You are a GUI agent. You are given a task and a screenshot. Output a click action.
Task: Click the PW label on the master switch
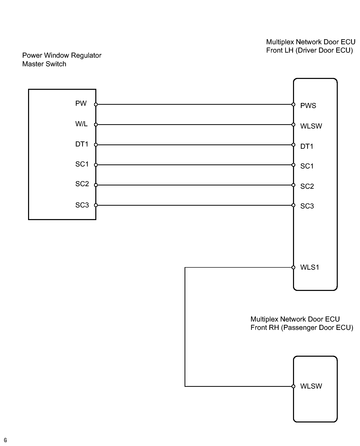[x=81, y=103]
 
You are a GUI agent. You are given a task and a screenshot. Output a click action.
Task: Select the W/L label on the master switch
[x=81, y=124]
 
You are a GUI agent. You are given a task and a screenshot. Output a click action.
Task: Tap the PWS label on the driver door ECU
[x=308, y=106]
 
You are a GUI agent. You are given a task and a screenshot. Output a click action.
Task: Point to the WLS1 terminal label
[x=310, y=267]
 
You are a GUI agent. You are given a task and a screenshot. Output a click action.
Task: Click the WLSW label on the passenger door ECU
[x=311, y=386]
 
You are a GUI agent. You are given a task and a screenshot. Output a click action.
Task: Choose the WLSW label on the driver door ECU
[x=311, y=126]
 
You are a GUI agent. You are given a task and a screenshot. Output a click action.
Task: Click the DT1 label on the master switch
[x=82, y=144]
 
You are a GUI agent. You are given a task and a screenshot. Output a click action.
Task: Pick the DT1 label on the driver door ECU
[x=307, y=146]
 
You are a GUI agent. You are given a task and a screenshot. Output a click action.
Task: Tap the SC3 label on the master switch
[x=82, y=205]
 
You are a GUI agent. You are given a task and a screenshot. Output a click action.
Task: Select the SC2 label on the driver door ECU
[x=307, y=186]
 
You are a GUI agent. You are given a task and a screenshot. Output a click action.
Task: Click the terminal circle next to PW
[x=96, y=104]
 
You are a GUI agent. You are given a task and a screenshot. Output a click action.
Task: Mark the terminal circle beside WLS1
[x=293, y=267]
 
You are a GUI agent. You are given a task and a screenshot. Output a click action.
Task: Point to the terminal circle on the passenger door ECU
[x=293, y=386]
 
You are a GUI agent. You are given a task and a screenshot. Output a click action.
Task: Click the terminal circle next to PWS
[x=293, y=104]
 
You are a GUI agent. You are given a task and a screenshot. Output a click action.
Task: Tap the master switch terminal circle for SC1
[x=96, y=165]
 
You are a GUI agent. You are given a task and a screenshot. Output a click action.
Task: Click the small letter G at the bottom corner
[x=5, y=440]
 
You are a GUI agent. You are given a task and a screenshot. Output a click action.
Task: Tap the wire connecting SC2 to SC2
[x=195, y=185]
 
